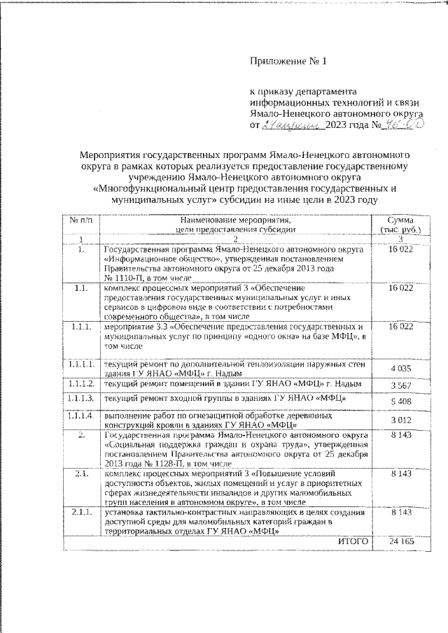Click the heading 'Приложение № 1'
click(289, 61)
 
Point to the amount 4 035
click(397, 368)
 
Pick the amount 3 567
click(397, 385)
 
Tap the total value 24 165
click(397, 541)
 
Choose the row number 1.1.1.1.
click(82, 364)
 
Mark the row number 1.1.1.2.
click(82, 383)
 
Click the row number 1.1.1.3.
click(82, 398)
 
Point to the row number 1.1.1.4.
click(82, 415)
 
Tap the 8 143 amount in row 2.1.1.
click(397, 512)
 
